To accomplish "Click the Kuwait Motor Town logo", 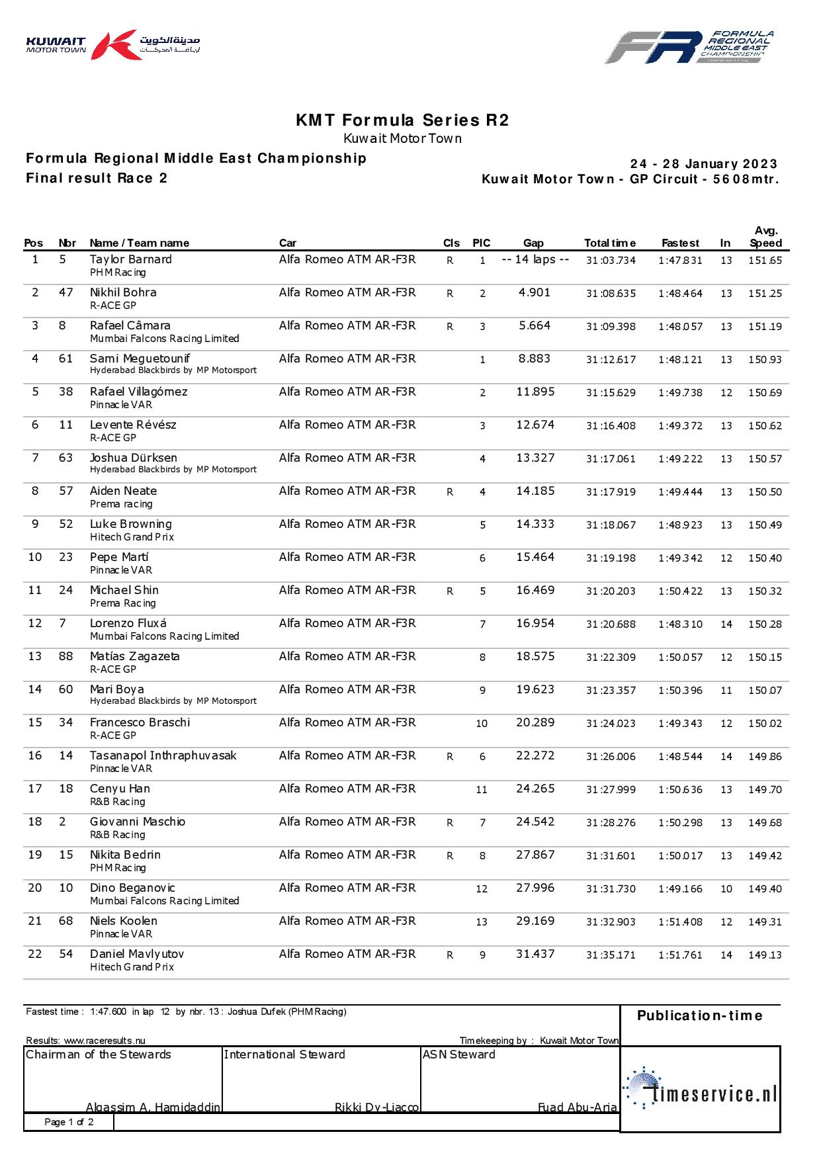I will pyautogui.click(x=112, y=45).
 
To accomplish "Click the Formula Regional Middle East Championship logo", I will pyautogui.click(x=689, y=47).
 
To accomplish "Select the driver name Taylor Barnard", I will pyautogui.click(x=130, y=259).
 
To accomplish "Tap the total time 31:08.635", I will pyautogui.click(x=611, y=294).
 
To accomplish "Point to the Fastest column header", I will pyautogui.click(x=680, y=243).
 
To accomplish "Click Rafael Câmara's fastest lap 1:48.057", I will pyautogui.click(x=680, y=327).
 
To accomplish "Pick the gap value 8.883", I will pyautogui.click(x=535, y=359).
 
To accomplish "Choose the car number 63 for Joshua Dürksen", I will pyautogui.click(x=65, y=458).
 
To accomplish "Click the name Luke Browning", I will pyautogui.click(x=130, y=524).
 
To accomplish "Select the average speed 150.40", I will pyautogui.click(x=765, y=558).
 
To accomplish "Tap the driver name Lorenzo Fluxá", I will pyautogui.click(x=128, y=623).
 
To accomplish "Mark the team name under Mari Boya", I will pyautogui.click(x=173, y=701).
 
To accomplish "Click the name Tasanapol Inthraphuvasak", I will pyautogui.click(x=163, y=755).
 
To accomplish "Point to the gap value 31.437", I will pyautogui.click(x=535, y=954).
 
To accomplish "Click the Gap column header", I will pyautogui.click(x=533, y=243).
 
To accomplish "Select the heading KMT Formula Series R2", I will pyautogui.click(x=402, y=120).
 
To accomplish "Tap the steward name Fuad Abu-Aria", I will pyautogui.click(x=577, y=1107).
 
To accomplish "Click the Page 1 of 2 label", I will pyautogui.click(x=69, y=1122).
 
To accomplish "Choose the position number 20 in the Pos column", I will pyautogui.click(x=35, y=888).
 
